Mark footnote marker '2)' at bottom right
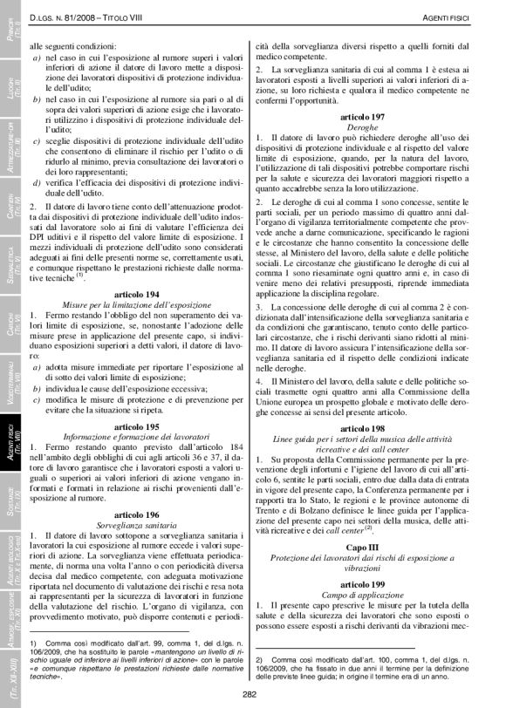pyautogui.click(x=259, y=659)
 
